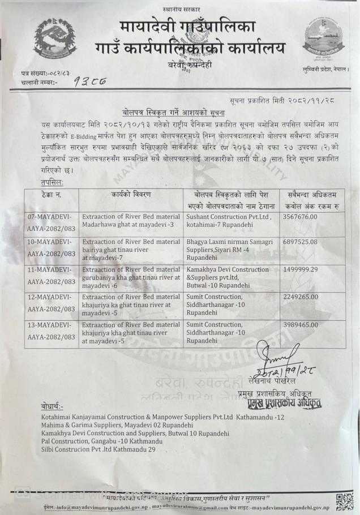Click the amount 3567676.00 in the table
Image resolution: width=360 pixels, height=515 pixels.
tap(304, 217)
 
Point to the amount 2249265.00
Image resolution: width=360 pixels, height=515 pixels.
tap(304, 297)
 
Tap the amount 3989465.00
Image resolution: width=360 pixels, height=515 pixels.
tap(304, 325)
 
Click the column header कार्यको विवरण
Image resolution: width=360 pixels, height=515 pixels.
tap(131, 195)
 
